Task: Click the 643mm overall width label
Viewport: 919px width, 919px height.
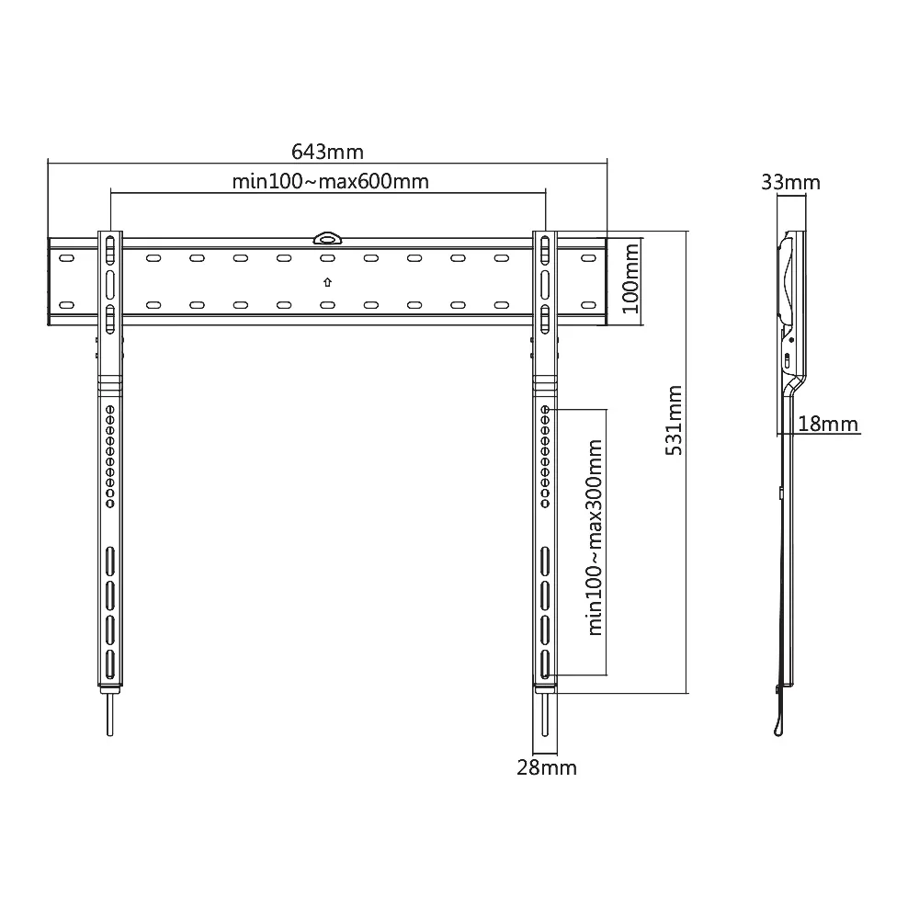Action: coord(327,151)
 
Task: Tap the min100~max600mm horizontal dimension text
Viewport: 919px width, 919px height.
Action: coord(330,181)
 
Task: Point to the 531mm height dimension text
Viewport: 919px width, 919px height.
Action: coord(674,420)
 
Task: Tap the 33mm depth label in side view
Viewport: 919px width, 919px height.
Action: coord(790,182)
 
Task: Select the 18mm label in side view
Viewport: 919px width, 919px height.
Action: coord(828,424)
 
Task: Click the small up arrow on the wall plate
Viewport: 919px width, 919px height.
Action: coord(327,282)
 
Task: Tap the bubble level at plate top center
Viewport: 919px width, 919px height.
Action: coord(327,239)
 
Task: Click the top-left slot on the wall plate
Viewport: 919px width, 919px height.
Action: coord(65,259)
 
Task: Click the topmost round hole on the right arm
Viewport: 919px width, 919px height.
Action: coord(546,410)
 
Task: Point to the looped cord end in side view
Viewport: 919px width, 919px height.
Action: coord(779,726)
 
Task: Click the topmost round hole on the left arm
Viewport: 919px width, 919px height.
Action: coord(109,410)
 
